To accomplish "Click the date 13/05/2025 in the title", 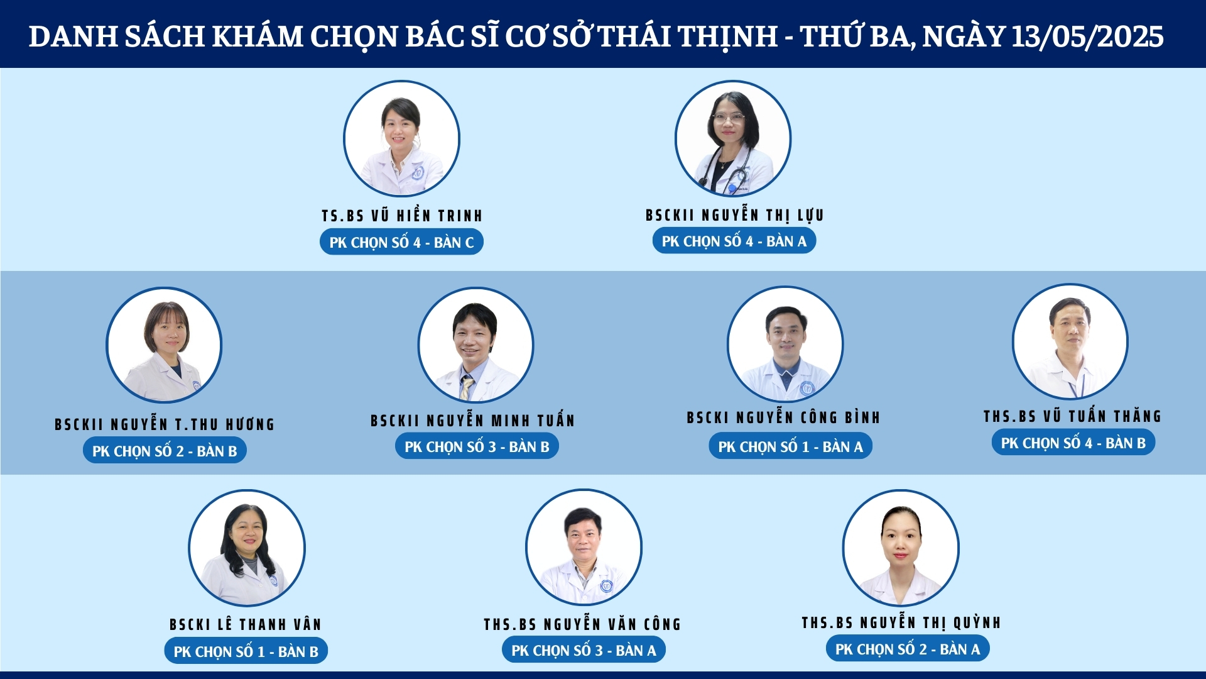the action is tap(1087, 36).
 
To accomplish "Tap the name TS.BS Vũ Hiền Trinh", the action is tap(402, 216).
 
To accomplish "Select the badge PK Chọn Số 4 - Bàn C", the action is tap(401, 242).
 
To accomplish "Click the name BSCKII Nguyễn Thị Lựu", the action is tap(734, 215).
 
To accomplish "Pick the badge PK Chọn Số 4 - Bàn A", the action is tap(734, 241).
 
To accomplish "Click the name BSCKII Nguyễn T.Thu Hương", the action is tap(165, 424).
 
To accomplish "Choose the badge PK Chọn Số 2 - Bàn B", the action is tap(165, 451).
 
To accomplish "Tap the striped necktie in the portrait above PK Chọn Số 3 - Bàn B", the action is tap(466, 387).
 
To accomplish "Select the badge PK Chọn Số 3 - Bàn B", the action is tap(477, 446).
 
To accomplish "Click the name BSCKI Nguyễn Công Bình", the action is tap(783, 417).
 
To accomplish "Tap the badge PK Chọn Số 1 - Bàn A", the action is tap(791, 446).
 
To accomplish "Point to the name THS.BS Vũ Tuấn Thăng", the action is tap(1073, 416).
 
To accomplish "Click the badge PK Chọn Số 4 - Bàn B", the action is tap(1073, 443).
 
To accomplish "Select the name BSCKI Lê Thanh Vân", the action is tap(246, 624).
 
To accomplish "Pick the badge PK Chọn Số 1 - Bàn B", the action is tap(246, 651).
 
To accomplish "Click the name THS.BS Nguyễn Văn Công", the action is tap(582, 624).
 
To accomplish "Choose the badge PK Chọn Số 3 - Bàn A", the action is tap(584, 650).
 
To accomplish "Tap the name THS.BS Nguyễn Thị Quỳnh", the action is tap(901, 622).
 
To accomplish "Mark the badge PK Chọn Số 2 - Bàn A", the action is tap(908, 649).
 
